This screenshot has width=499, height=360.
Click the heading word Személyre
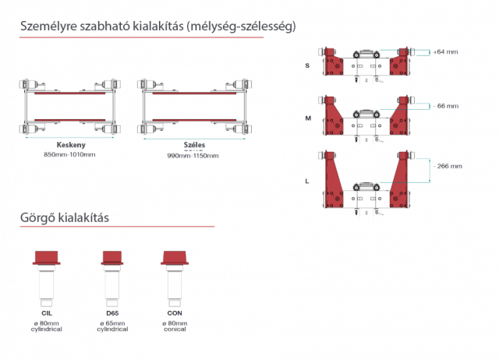pos(48,26)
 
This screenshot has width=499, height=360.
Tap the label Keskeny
pos(71,145)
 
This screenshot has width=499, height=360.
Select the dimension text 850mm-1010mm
pos(69,154)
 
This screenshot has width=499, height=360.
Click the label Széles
pos(194,145)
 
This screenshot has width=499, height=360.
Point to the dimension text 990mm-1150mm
pos(193,156)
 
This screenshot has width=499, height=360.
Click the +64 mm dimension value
pos(445,52)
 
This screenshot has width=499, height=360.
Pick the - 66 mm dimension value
pos(446,106)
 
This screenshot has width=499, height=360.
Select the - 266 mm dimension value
pos(448,166)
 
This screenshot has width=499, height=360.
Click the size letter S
pos(307,65)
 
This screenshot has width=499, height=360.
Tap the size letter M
pos(308,118)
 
